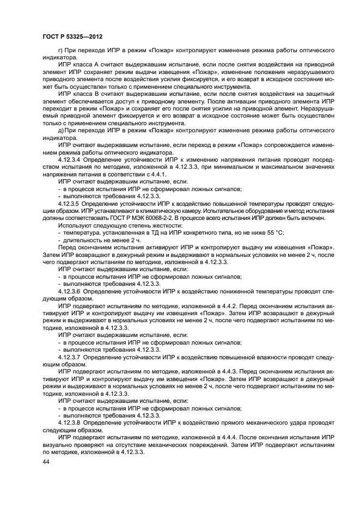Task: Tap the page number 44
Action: pos(46,462)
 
